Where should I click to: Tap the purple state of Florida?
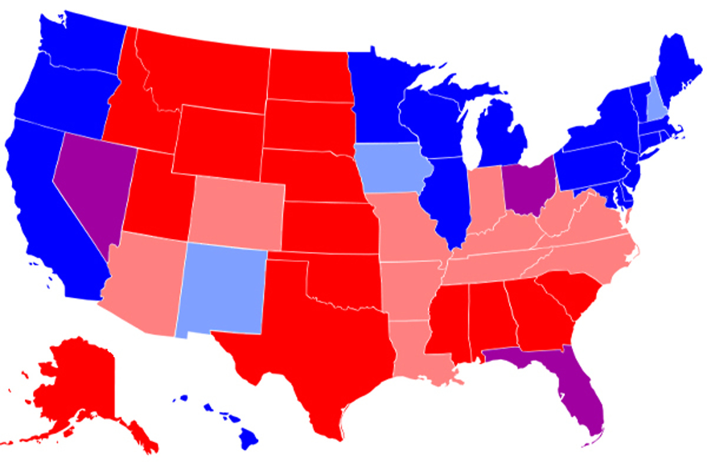tap(574, 389)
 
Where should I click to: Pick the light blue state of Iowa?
tap(392, 168)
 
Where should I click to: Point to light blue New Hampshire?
tap(656, 101)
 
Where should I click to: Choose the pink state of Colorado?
tap(239, 209)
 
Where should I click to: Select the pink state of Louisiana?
tap(415, 353)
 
